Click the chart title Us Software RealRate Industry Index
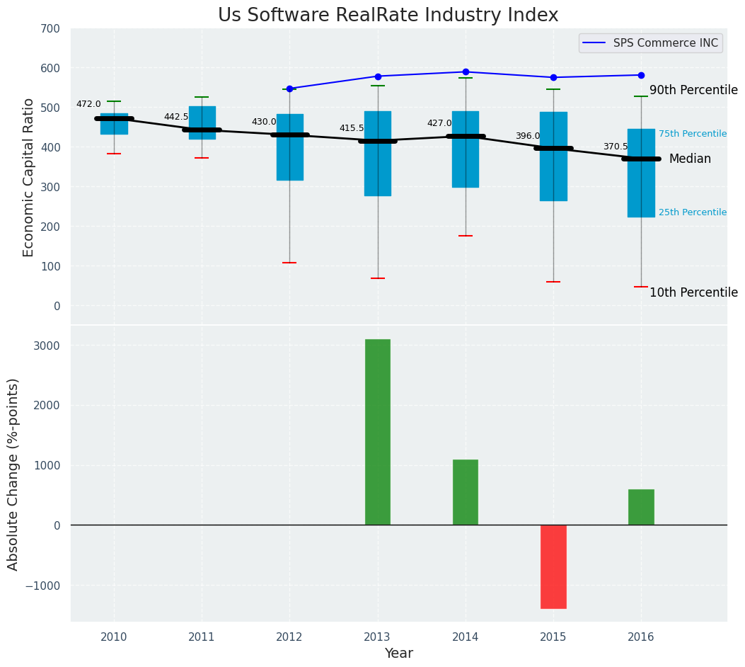click(388, 16)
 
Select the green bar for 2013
click(378, 432)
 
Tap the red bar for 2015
click(553, 566)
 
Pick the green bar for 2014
click(466, 492)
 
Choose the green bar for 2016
click(641, 507)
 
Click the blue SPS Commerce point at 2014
click(466, 72)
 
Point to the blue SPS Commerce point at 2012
click(289, 89)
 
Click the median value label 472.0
click(88, 105)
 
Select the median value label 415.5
click(352, 129)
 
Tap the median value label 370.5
click(616, 147)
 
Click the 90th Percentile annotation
click(693, 91)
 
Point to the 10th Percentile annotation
click(693, 293)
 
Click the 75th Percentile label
click(693, 134)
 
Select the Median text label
click(690, 159)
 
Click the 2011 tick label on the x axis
click(202, 637)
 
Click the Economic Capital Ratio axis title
click(29, 177)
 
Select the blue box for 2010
click(114, 124)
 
